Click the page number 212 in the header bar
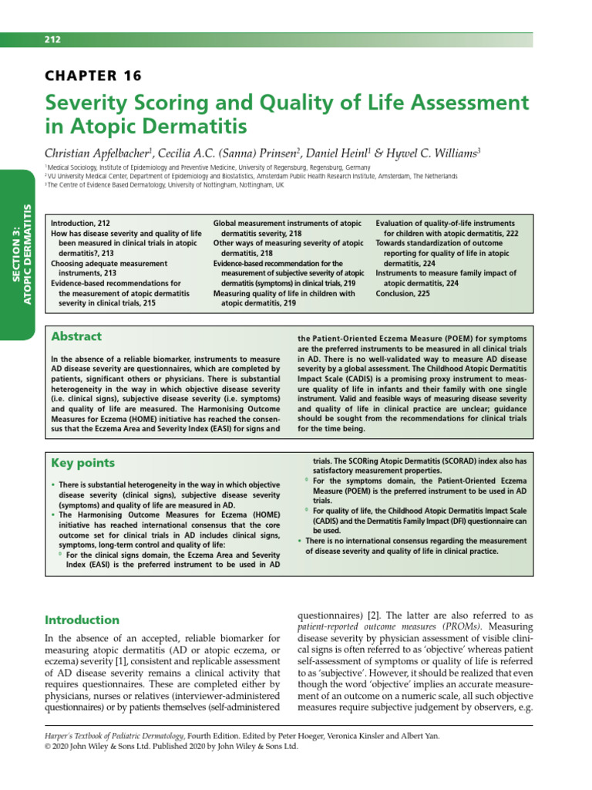click(52, 40)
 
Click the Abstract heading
click(76, 336)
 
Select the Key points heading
click(82, 463)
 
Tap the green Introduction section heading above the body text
click(82, 620)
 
